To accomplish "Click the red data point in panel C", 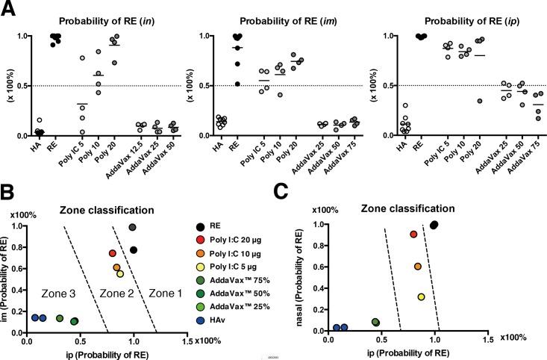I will (x=413, y=235).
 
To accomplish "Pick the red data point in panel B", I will (x=113, y=254).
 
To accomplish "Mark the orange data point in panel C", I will (x=417, y=267).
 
